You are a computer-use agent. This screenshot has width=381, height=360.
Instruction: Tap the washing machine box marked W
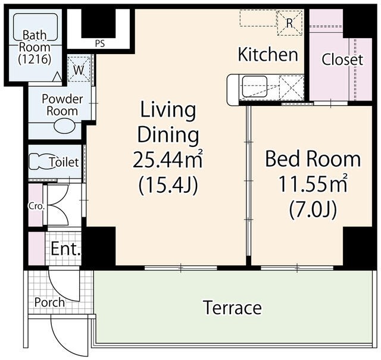point(79,69)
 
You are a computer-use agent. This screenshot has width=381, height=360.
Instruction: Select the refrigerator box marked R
point(290,23)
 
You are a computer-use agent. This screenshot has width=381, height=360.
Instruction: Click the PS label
point(99,43)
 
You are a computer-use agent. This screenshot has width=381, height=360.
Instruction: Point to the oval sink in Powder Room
point(64,126)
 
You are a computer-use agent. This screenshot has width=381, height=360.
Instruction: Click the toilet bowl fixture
point(40,161)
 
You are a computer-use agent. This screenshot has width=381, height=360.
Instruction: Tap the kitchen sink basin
point(255,87)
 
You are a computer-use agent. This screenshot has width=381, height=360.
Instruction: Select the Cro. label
point(36,206)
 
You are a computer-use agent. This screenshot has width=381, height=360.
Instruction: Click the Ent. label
point(65,249)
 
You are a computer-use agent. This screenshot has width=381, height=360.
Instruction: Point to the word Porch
point(49,302)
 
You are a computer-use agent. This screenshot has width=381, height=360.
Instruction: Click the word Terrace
point(233,307)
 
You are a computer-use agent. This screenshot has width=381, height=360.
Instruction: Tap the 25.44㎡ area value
point(167,159)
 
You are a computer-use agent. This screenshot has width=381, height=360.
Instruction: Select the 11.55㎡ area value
point(313,184)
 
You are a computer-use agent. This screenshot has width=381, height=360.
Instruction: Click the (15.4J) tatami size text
point(168,186)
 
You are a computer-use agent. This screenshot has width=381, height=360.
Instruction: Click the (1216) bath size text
point(35,59)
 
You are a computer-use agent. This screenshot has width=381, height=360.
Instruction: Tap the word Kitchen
point(268,54)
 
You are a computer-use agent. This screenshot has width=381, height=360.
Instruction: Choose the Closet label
point(342,60)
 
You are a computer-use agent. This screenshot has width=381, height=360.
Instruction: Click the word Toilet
point(64,162)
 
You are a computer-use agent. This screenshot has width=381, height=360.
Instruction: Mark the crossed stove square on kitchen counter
point(291,87)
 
